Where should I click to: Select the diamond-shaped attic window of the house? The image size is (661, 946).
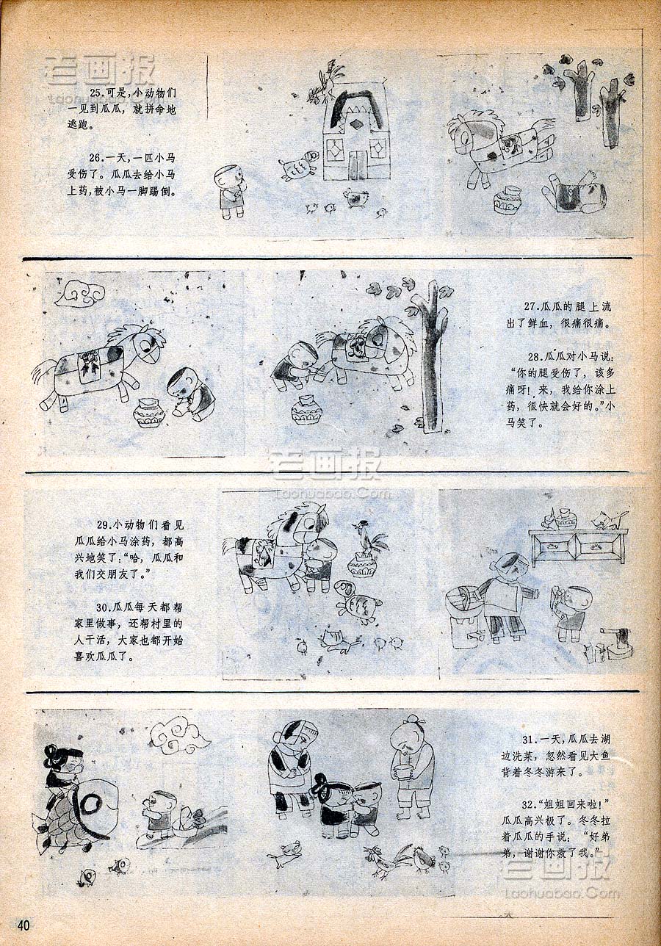(355, 125)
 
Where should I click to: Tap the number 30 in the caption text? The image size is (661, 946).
(103, 607)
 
